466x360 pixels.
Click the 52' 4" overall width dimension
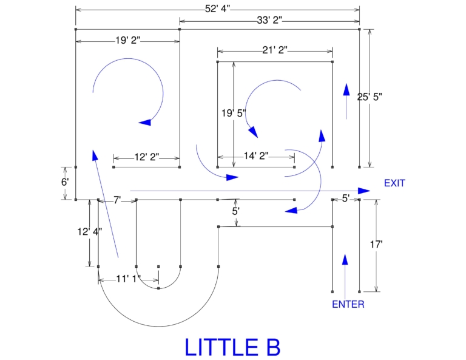(218, 8)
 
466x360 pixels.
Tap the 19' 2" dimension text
(128, 41)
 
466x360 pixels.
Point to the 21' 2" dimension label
(275, 50)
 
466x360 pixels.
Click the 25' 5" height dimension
(370, 97)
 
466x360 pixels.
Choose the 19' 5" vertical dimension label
(233, 113)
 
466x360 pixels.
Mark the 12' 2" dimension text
(146, 157)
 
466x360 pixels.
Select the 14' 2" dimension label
(255, 156)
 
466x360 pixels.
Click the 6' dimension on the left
(65, 182)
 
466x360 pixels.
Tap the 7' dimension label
(117, 200)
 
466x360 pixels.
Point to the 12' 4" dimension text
(90, 231)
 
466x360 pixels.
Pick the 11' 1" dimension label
(128, 279)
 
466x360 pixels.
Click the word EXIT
(394, 183)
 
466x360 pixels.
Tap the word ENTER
(348, 304)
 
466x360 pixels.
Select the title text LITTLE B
(232, 347)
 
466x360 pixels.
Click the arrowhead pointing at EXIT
(363, 191)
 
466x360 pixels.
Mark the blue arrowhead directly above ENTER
(345, 260)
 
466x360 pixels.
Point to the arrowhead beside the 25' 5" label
(346, 90)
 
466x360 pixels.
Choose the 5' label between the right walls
(346, 198)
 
